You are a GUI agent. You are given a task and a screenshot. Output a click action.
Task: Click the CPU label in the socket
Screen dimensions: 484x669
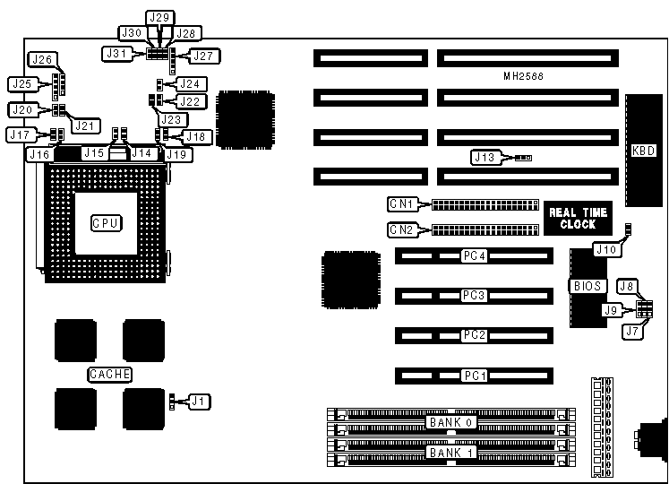106,222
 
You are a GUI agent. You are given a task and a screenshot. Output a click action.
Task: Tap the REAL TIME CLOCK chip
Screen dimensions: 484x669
579,218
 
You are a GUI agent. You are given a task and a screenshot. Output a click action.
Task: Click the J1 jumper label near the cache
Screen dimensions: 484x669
197,402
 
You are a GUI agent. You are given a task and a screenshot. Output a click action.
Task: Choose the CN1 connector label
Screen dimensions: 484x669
401,203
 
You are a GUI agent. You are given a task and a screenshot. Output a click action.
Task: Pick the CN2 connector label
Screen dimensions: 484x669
401,229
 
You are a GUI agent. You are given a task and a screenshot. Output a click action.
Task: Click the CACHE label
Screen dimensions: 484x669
109,374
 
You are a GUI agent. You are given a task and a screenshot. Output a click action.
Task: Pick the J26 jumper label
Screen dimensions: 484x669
43,60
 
